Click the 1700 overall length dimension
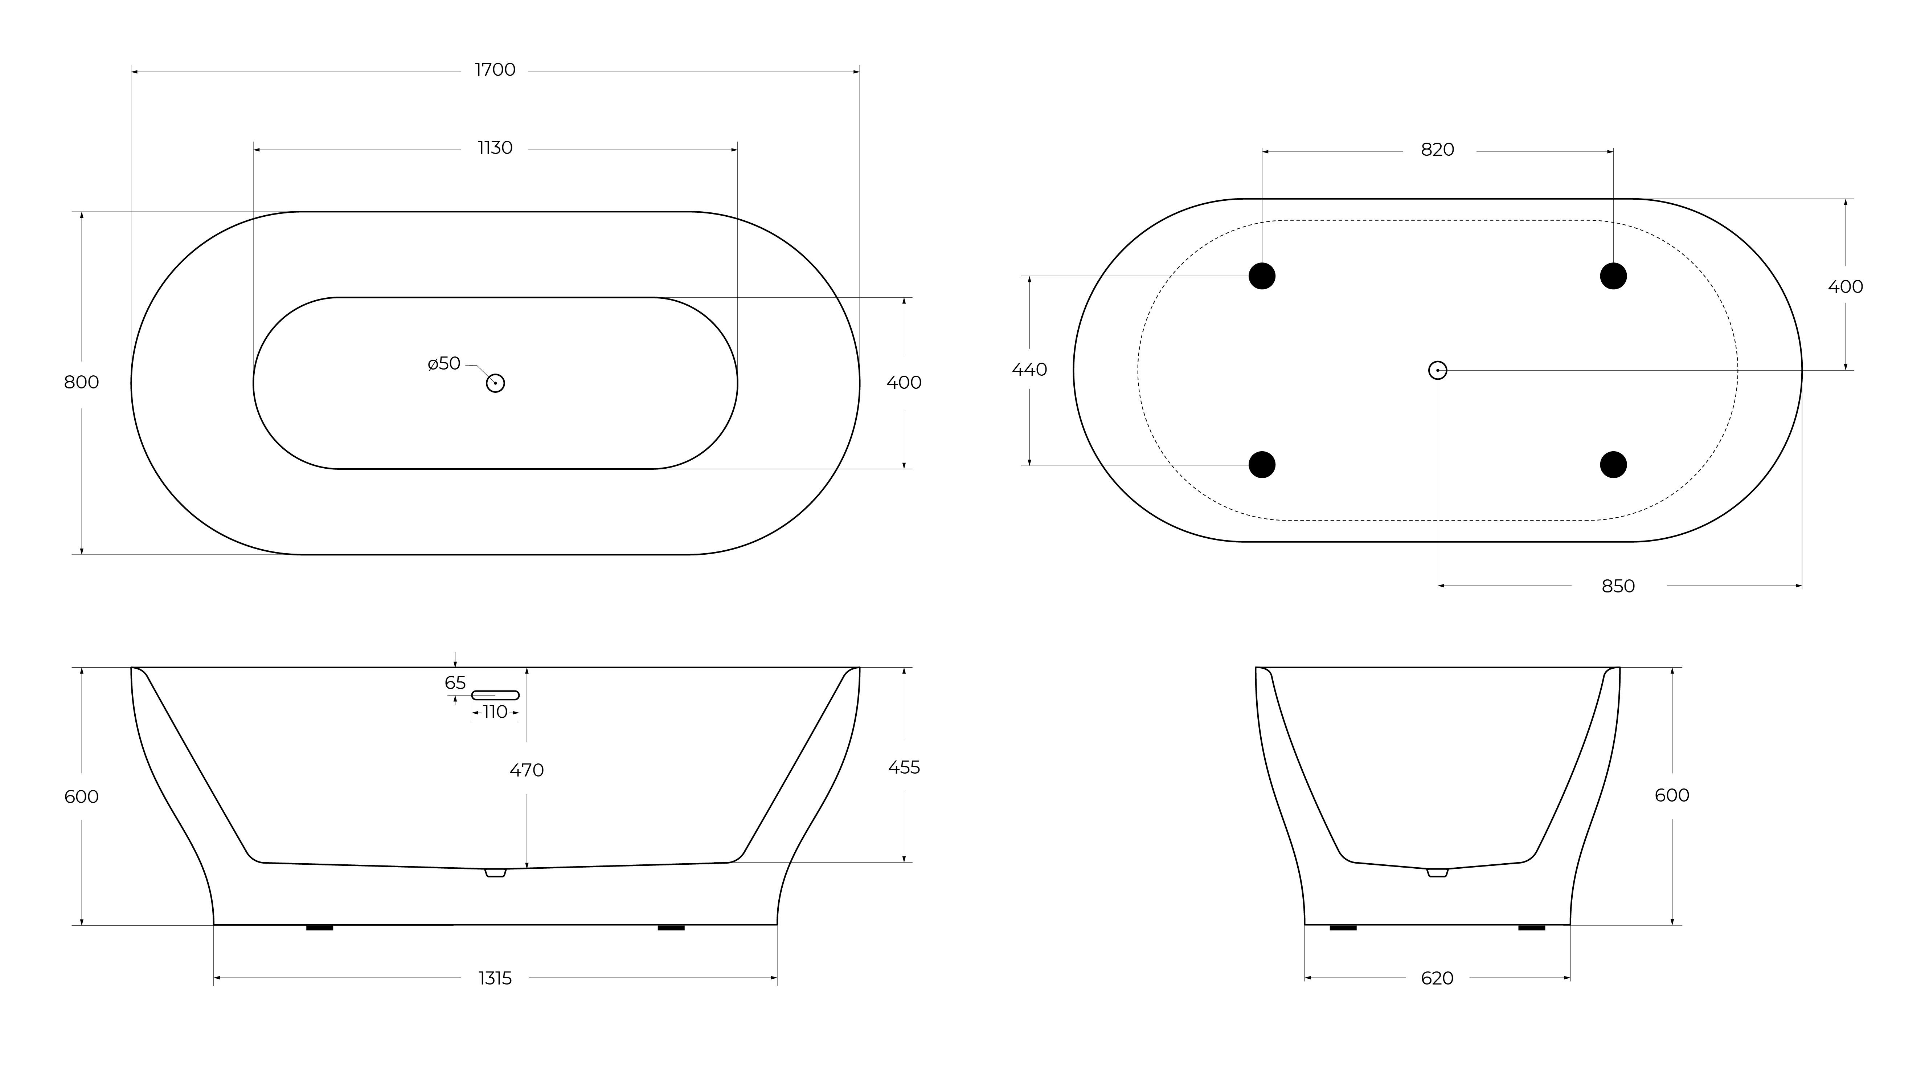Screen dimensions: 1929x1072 click(x=495, y=70)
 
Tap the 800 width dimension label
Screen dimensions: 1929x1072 click(x=82, y=382)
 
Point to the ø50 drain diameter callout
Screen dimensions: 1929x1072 click(x=444, y=363)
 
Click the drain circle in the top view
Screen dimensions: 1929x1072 click(x=495, y=383)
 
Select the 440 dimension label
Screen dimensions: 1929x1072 click(x=1030, y=369)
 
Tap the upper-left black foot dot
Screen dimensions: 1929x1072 click(x=1262, y=276)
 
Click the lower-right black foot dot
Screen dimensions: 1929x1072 click(x=1613, y=464)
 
